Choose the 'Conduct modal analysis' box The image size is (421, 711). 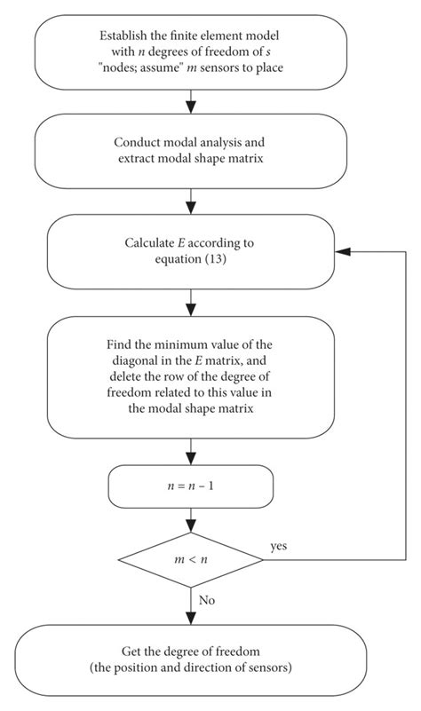191,151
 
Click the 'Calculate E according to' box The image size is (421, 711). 191,252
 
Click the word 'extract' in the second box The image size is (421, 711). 136,159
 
